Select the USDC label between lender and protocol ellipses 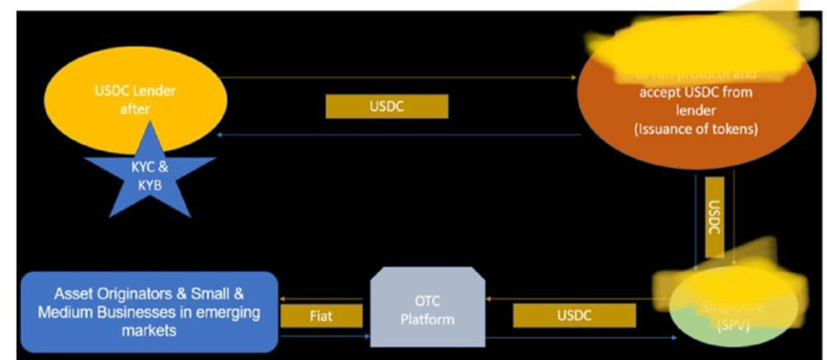pos(386,106)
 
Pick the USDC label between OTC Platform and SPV pos(574,315)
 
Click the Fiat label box pos(322,316)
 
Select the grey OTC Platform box pos(428,308)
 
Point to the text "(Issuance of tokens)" pos(695,129)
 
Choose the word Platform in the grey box pos(428,319)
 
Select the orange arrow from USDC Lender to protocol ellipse pos(398,77)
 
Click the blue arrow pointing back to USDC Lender pos(398,135)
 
